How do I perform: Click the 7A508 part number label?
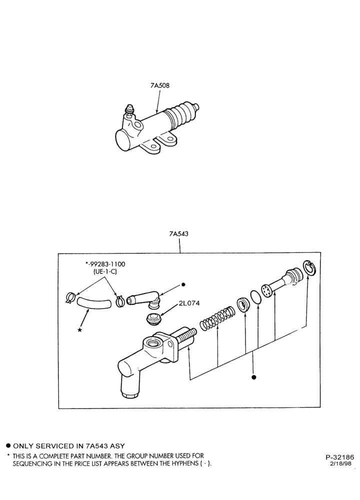[160, 85]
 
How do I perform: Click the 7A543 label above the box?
[178, 233]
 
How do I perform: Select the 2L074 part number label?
[189, 303]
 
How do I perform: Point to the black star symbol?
[79, 330]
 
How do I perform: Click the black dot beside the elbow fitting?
[183, 284]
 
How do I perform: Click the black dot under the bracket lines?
[254, 377]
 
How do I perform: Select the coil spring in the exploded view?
[217, 317]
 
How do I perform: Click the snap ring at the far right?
[308, 267]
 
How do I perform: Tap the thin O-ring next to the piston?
[255, 297]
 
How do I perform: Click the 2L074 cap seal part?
[153, 319]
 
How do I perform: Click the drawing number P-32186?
[339, 457]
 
